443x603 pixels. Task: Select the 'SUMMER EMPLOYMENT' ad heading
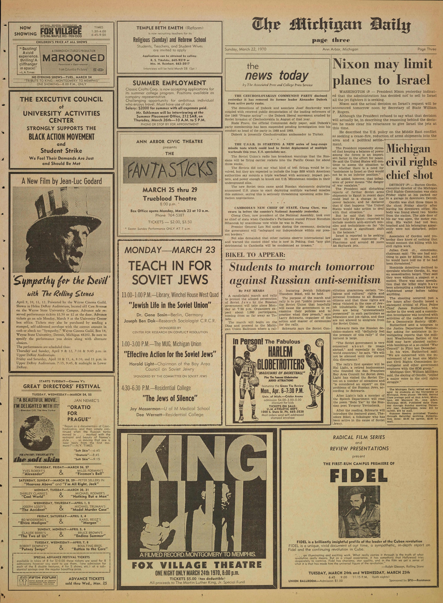click(169, 83)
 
